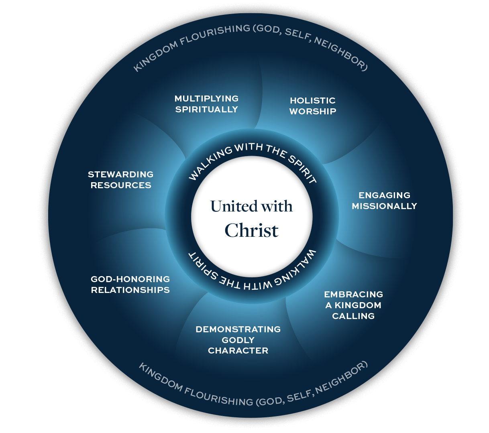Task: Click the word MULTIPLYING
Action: [206, 98]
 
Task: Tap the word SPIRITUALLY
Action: [206, 109]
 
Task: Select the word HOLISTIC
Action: [312, 100]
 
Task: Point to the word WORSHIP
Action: [312, 111]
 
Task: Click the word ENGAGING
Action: [384, 195]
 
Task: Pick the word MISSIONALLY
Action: [384, 206]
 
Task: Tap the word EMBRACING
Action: [353, 294]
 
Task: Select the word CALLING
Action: [353, 316]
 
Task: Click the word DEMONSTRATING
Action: [238, 329]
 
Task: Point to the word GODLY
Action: [238, 340]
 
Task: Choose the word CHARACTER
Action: [238, 350]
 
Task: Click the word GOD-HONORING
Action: [130, 279]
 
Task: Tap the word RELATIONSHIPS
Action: [130, 290]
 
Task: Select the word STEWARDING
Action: [120, 174]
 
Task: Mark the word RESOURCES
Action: [120, 185]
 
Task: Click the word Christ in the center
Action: [251, 230]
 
